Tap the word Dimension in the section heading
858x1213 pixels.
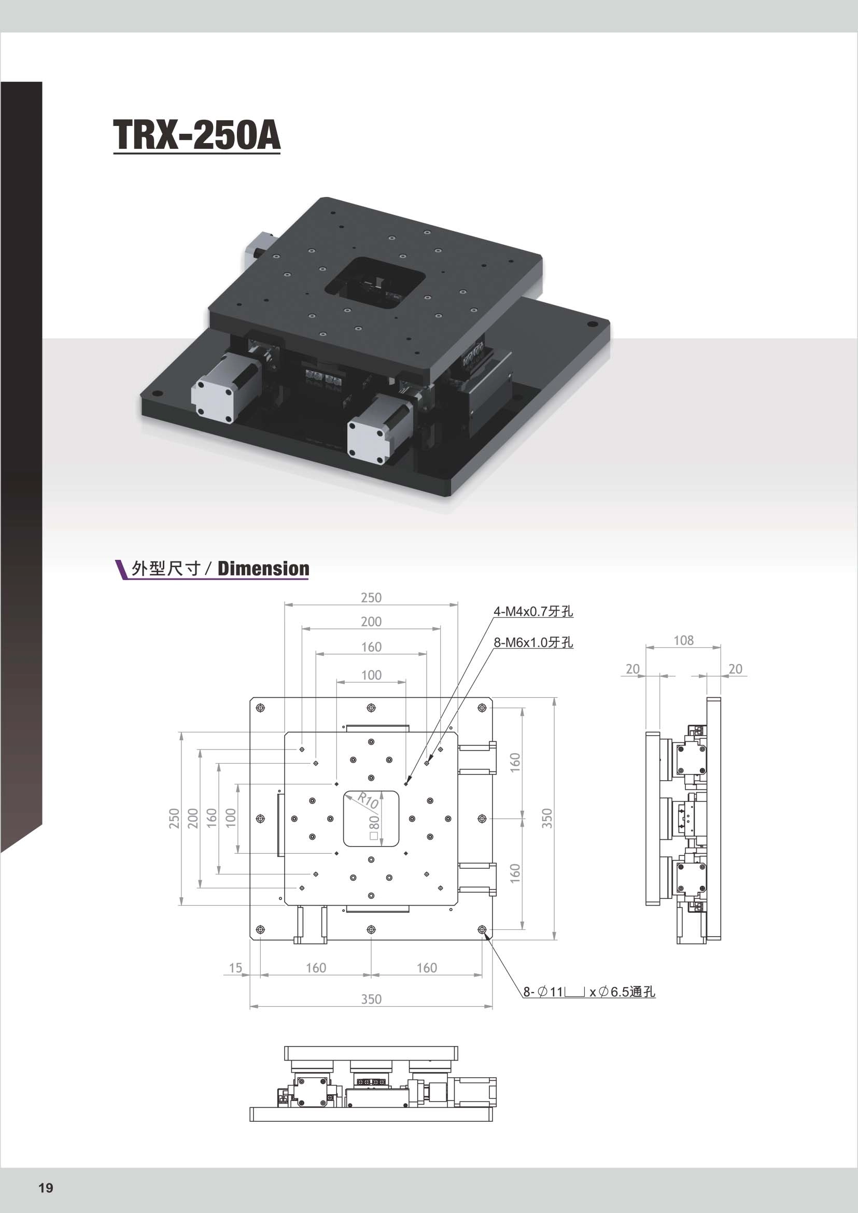pos(263,569)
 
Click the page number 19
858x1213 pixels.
pos(46,1188)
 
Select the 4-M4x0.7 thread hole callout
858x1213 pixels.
pos(533,611)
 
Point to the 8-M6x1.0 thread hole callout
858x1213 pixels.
pos(533,642)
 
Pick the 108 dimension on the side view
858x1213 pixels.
pos(683,640)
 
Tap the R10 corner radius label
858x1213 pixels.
pos(367,799)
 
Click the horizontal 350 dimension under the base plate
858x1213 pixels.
pos(371,999)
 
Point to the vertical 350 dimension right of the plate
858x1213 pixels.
pos(547,819)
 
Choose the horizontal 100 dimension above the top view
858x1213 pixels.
pos(371,674)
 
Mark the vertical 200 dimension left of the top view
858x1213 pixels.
pos(193,819)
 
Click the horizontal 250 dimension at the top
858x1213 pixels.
pos(371,598)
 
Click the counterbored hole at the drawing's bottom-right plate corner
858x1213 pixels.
pos(482,929)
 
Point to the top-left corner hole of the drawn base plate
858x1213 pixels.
pos(260,708)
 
